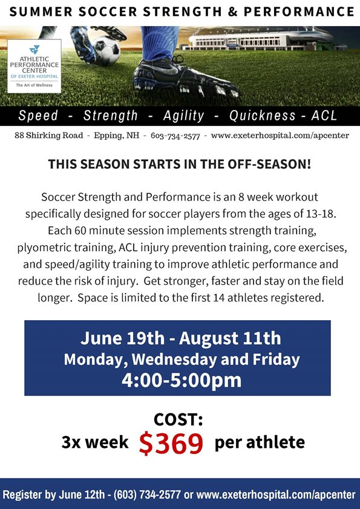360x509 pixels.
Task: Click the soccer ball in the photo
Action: [106, 50]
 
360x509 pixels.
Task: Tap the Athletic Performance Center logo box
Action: [34, 66]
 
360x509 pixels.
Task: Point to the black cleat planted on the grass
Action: [186, 79]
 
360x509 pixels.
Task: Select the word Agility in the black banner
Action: [184, 116]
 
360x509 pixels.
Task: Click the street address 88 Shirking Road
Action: [48, 136]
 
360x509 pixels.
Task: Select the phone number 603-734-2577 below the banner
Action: [175, 136]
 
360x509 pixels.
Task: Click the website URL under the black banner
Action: [280, 136]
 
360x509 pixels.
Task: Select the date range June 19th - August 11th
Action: [180, 338]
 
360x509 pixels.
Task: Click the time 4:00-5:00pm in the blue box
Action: [182, 380]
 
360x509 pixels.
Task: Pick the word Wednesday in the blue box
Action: [174, 360]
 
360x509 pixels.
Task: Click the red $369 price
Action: [171, 443]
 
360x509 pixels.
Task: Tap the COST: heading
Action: [178, 419]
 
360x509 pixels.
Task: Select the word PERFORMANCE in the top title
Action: [299, 12]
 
